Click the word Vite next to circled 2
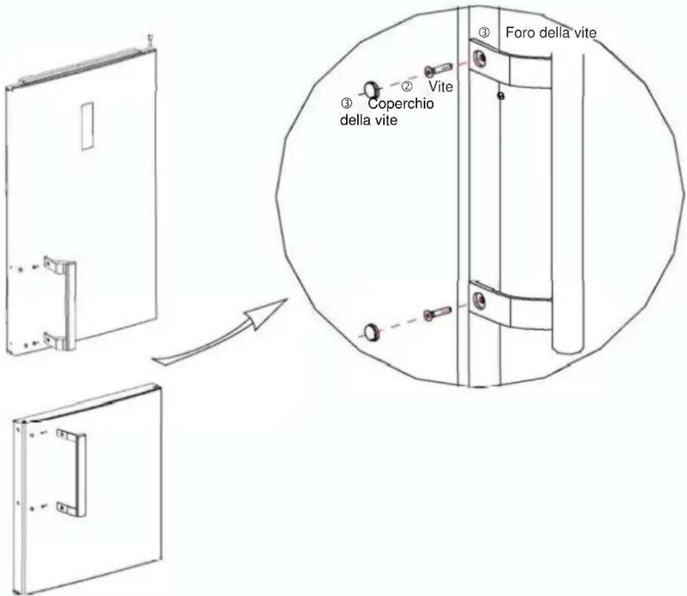pyautogui.click(x=441, y=87)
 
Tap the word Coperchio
pyautogui.click(x=401, y=104)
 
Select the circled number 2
pyautogui.click(x=407, y=87)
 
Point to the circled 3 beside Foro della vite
pyautogui.click(x=484, y=33)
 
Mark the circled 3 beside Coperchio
pyautogui.click(x=346, y=104)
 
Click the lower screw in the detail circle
pyautogui.click(x=437, y=314)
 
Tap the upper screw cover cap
pyautogui.click(x=372, y=90)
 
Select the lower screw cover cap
pyautogui.click(x=372, y=332)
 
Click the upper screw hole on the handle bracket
pyautogui.click(x=479, y=58)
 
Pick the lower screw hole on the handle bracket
pyautogui.click(x=479, y=300)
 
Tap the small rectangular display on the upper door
pyautogui.click(x=88, y=126)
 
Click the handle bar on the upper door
pyautogui.click(x=71, y=306)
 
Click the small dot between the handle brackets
pyautogui.click(x=501, y=96)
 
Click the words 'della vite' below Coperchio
pyautogui.click(x=368, y=120)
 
